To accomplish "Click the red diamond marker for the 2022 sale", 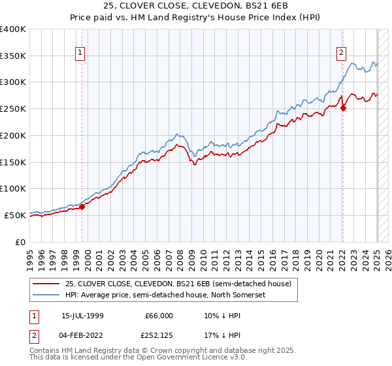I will (343, 108).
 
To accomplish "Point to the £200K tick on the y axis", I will (13, 135).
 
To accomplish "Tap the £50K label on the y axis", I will (16, 215).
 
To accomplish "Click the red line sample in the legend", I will (46, 284).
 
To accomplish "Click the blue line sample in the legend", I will (46, 294).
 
